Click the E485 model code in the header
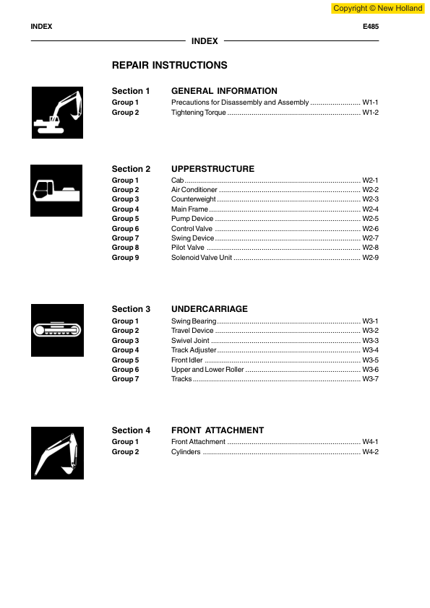pos(370,27)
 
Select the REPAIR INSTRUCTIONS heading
pos(169,66)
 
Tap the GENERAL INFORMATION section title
pos(224,92)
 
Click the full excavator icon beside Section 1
pos(57,113)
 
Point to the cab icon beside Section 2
pos(55,191)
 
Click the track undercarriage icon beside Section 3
pos(57,330)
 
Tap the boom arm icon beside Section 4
pos(57,453)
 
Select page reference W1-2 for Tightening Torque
pos(370,113)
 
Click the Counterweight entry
pos(193,199)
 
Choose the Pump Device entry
pos(192,219)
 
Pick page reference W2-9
pos(370,258)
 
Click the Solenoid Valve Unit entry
pos(202,258)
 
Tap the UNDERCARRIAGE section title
pos(210,309)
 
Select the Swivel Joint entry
pos(190,340)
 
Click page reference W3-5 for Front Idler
pos(370,360)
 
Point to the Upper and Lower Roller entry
pos(207,369)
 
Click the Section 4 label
pos(131,430)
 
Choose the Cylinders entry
pos(186,452)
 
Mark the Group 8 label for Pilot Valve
pos(125,248)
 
